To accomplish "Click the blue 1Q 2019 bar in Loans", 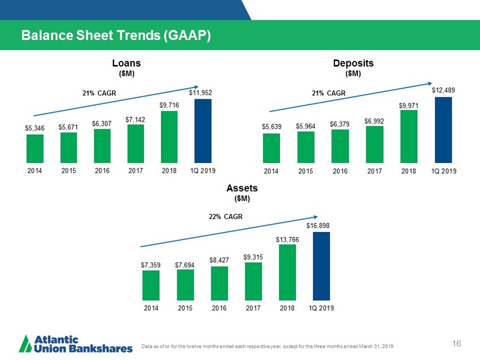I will [203, 131].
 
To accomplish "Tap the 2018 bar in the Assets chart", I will [287, 272].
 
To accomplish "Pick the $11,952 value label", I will [200, 91].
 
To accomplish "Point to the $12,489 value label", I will [443, 90].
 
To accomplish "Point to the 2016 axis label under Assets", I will [219, 308].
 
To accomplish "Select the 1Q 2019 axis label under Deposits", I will [443, 170].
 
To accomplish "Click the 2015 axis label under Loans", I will [69, 169].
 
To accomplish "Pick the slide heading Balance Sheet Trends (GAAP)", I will [116, 36].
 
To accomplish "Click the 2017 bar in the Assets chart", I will [254, 281].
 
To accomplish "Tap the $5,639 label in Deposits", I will [272, 126].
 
